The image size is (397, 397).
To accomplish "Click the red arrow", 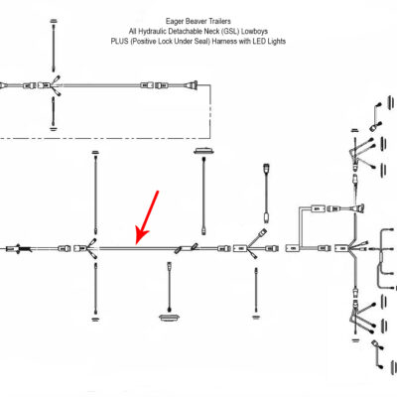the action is (x=147, y=217).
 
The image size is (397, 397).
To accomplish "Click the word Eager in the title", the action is (x=174, y=22).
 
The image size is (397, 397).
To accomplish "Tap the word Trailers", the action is (x=219, y=22).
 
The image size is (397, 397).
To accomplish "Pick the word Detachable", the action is (x=183, y=32).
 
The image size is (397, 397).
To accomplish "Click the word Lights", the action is (x=276, y=42).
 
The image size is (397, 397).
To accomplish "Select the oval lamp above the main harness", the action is (x=203, y=151).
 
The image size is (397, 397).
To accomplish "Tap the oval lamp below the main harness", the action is (x=170, y=318).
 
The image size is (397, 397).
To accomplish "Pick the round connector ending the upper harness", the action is (x=193, y=85).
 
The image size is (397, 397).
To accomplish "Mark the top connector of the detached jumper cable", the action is (x=266, y=167).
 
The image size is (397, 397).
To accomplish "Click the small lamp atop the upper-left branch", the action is (x=53, y=21).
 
